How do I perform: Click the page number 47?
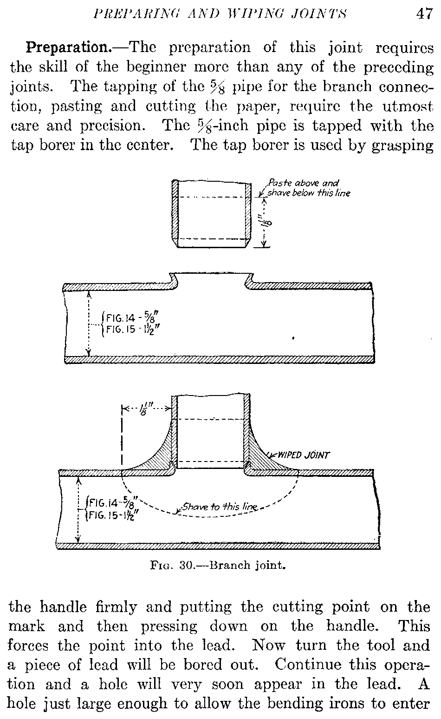pos(424,14)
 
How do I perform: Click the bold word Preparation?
pos(68,48)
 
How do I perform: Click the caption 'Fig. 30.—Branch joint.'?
pos(218,565)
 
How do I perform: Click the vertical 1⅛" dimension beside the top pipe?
pos(264,222)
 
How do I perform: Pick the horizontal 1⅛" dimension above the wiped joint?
pos(147,409)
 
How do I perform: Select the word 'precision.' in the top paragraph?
pos(111,126)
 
